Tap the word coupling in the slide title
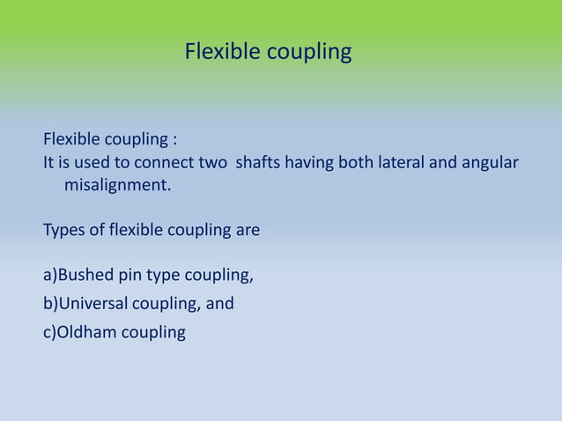tap(309, 54)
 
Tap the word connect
tap(164, 163)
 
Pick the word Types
tap(64, 232)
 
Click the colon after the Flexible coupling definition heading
tap(174, 141)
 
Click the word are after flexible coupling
tap(248, 232)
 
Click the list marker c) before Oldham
tap(50, 333)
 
